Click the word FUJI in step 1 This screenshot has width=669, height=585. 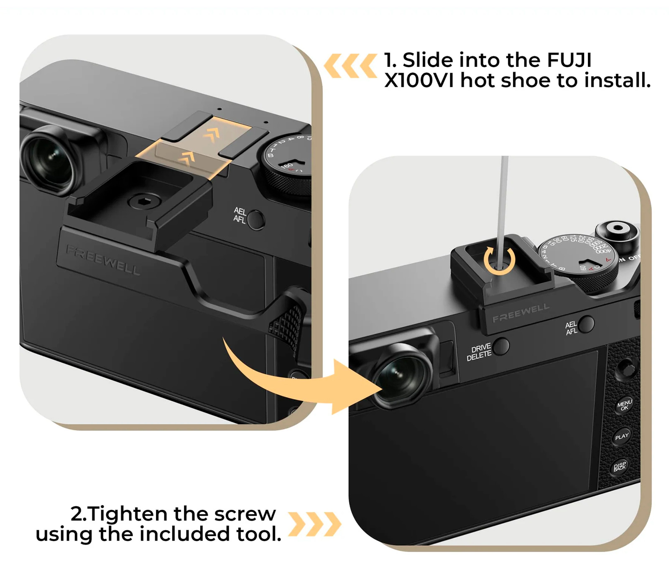pos(569,61)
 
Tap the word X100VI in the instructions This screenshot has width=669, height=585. pos(419,81)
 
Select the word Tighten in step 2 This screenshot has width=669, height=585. pos(128,514)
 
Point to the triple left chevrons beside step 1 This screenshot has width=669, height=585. pos(350,66)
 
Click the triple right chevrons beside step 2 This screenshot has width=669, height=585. pos(315,524)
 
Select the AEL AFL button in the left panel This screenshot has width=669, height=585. pos(255,219)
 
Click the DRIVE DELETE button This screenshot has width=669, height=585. pos(500,346)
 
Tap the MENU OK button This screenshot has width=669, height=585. pos(624,404)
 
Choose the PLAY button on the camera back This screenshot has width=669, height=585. pos(622,437)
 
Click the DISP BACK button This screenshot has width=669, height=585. pos(620,466)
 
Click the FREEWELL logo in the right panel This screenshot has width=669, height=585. pos(521,313)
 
